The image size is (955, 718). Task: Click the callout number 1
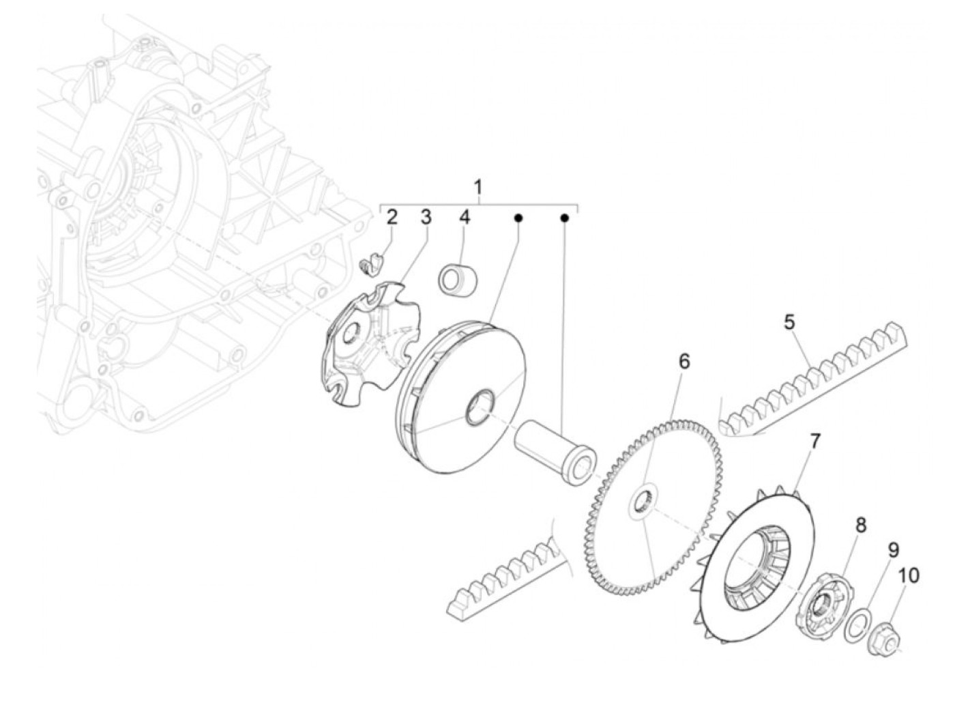coord(478,187)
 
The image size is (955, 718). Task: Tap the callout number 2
coord(392,218)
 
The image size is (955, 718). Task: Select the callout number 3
coord(426,218)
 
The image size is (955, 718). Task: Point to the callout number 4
coord(465,218)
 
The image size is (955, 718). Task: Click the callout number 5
coord(789,322)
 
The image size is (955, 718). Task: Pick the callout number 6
coord(684,362)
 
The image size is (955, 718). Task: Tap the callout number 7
coord(814,442)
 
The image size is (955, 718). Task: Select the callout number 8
coord(861,525)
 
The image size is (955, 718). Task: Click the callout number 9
coord(893,549)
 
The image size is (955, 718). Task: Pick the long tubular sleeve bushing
coord(553,454)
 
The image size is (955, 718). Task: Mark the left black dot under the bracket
coord(518,218)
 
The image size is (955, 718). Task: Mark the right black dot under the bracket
coord(564,218)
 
